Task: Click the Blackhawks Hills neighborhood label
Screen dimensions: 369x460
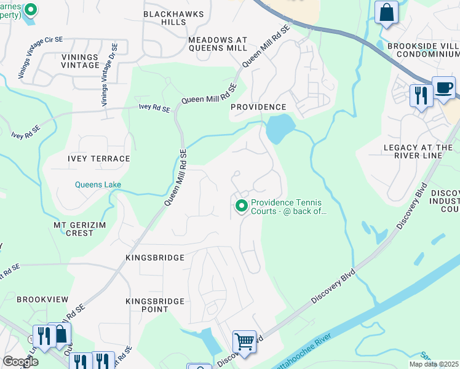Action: coord(164,17)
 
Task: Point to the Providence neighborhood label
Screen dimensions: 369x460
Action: coord(258,107)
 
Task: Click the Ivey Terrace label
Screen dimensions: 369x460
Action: coord(99,159)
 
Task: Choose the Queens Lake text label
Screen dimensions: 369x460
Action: coord(98,184)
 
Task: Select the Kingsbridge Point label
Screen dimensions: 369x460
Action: coord(155,305)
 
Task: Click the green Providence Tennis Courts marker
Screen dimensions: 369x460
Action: coord(241,205)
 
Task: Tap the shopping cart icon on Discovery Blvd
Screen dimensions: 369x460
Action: coord(244,341)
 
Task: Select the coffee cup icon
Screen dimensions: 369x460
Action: coord(443,88)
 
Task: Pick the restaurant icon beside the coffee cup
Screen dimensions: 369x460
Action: coord(421,95)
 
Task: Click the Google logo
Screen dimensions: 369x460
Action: coord(21,362)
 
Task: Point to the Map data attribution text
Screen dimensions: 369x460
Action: coord(434,364)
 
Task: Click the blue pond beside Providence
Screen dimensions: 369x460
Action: coord(277,129)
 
